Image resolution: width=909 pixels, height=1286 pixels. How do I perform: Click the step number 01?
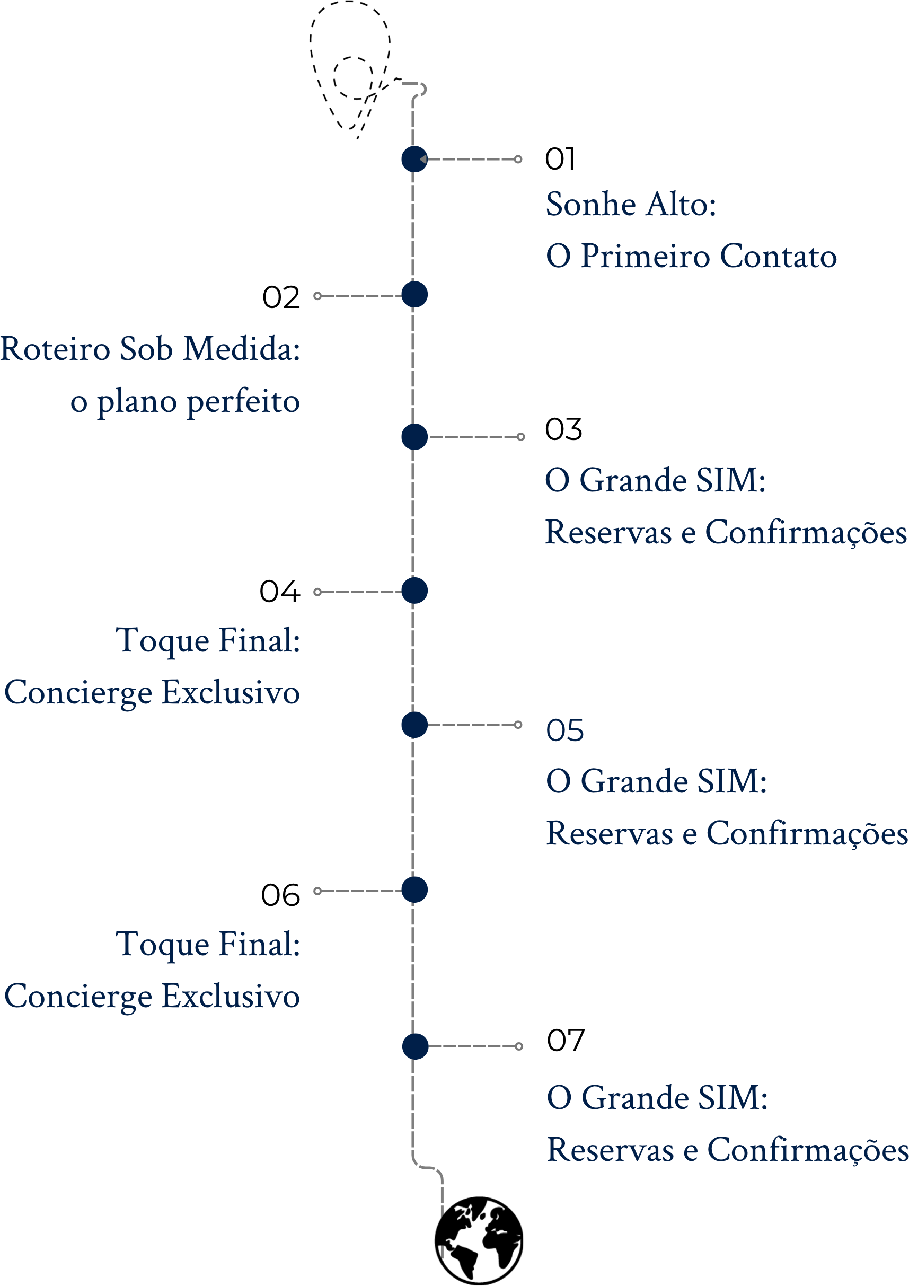(560, 159)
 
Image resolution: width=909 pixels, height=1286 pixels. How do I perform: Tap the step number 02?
(281, 297)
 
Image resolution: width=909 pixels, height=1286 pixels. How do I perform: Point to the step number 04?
(280, 592)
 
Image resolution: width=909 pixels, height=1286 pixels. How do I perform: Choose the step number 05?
(564, 730)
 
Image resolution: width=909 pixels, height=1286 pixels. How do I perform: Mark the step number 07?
(566, 1041)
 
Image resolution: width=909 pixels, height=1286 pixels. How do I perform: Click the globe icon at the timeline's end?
(479, 1240)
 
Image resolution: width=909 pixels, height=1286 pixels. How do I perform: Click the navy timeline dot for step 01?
(414, 159)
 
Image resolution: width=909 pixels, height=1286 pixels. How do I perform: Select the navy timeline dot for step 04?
(414, 591)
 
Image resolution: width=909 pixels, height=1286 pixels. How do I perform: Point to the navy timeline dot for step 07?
(415, 1046)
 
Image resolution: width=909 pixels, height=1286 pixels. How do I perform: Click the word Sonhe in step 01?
(592, 204)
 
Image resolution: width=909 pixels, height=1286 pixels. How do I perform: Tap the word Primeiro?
(645, 256)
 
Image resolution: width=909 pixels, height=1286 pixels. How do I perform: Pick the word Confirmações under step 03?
(806, 533)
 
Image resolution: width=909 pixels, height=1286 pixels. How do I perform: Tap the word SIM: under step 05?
(732, 781)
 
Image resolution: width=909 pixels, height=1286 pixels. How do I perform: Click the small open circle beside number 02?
(317, 296)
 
